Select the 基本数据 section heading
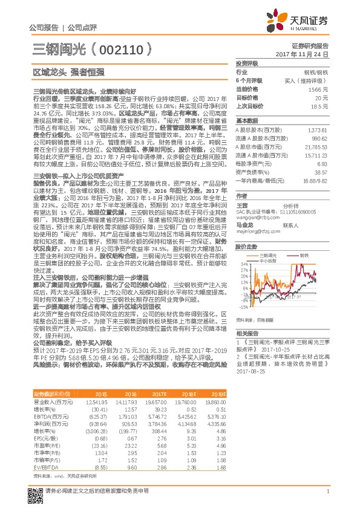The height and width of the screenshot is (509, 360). [247, 120]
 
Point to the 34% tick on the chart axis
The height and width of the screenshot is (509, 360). [244, 264]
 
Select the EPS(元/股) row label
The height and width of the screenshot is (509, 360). [44, 446]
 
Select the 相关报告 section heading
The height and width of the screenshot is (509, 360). [247, 333]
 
